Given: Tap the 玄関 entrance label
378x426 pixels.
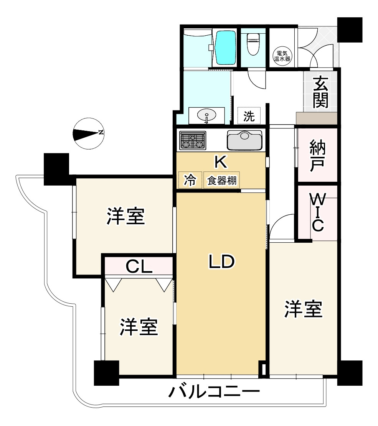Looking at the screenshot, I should click(319, 92).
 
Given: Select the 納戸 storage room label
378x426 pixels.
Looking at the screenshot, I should click(318, 155).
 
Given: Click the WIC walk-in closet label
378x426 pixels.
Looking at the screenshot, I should click(318, 213).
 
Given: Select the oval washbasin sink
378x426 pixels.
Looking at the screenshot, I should click(207, 115).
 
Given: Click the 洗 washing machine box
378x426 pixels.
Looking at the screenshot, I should click(249, 116).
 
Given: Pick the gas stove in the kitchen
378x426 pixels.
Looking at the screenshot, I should click(193, 140).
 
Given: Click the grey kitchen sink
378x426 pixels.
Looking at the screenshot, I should click(244, 140).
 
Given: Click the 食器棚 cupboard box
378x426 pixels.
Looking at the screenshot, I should click(221, 180).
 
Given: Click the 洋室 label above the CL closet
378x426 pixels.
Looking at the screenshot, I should click(126, 217).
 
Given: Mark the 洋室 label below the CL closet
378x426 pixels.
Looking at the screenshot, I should click(139, 327).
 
